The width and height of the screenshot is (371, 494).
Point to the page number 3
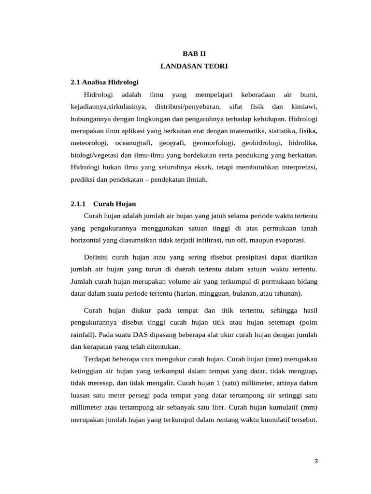[x=316, y=461]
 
